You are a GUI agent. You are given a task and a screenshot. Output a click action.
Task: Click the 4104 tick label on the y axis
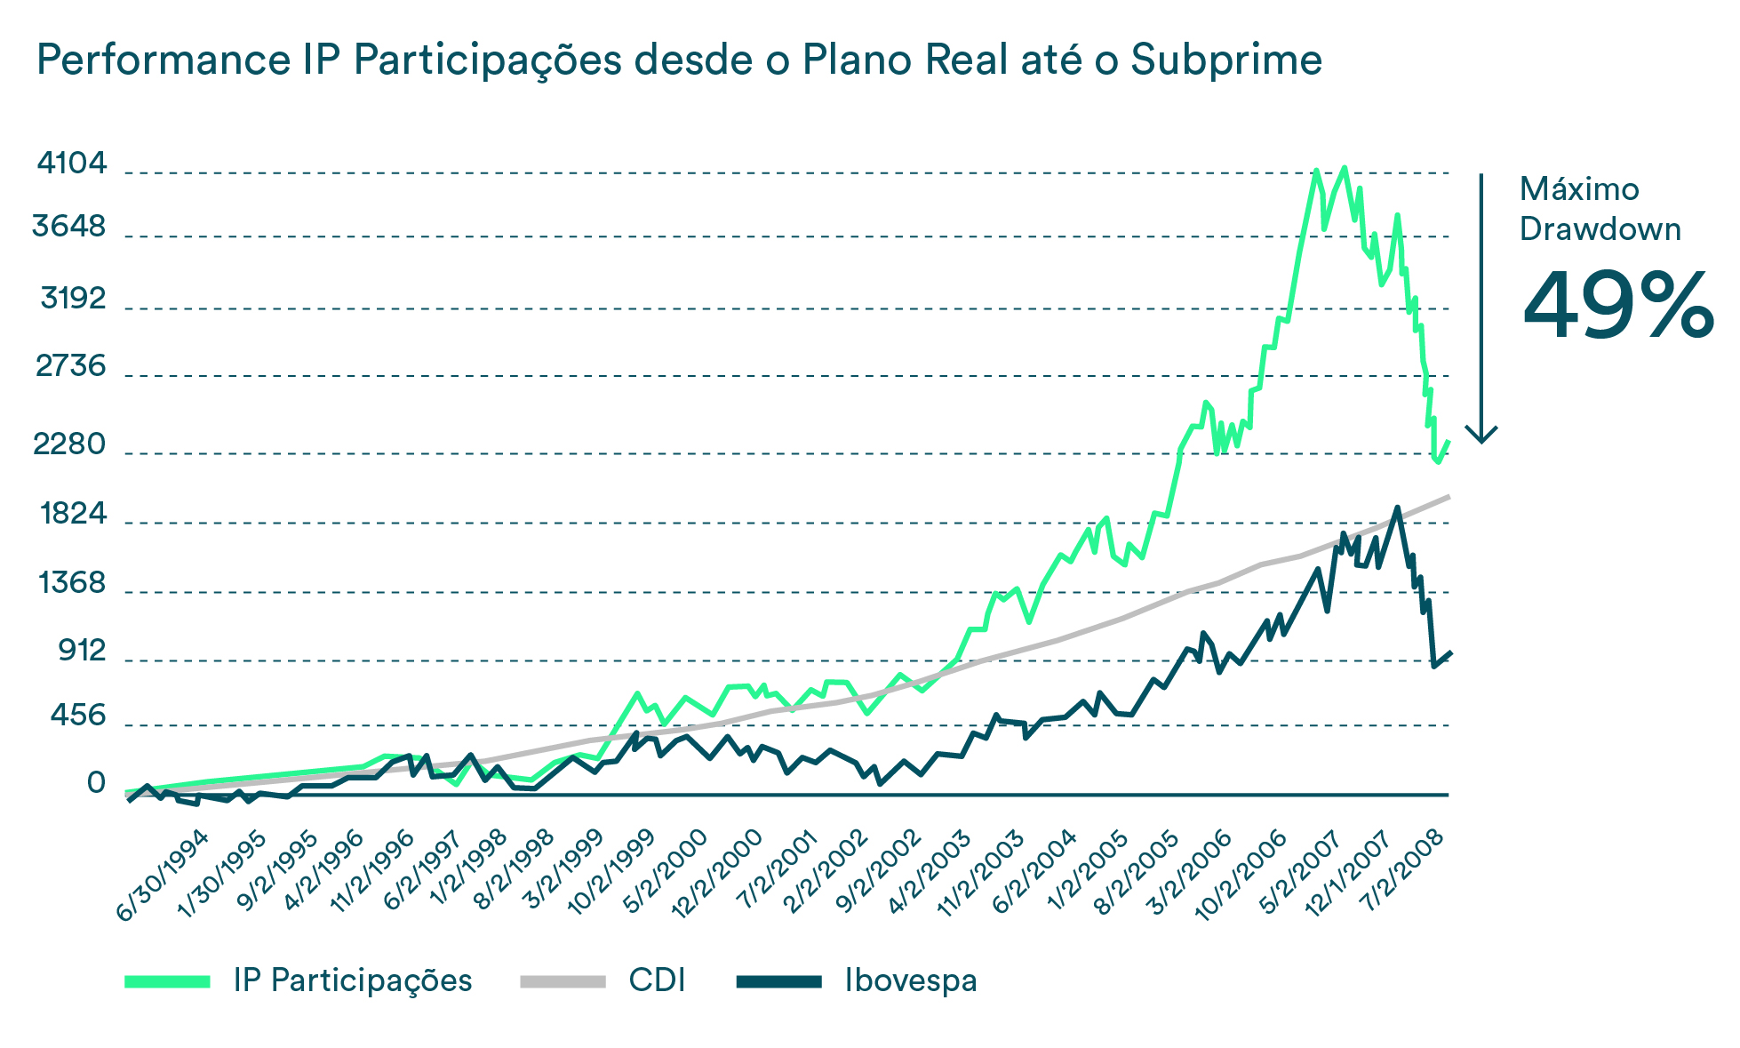pyautogui.click(x=72, y=164)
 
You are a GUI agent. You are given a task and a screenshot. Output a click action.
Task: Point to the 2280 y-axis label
pyautogui.click(x=69, y=444)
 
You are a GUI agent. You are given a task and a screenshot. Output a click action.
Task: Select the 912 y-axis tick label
pyautogui.click(x=83, y=652)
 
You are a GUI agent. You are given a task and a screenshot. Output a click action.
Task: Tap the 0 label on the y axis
pyautogui.click(x=96, y=783)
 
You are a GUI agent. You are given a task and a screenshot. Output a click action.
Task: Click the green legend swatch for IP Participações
pyautogui.click(x=168, y=981)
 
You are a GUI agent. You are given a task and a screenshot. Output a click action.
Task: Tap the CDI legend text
pyautogui.click(x=657, y=980)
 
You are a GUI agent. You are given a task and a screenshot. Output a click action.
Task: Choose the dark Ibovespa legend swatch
pyautogui.click(x=779, y=981)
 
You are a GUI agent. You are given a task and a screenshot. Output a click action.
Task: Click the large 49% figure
pyautogui.click(x=1617, y=307)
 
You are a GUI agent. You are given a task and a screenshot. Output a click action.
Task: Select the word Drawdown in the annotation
pyautogui.click(x=1600, y=229)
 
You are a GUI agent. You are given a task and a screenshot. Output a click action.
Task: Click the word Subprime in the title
pyautogui.click(x=1225, y=60)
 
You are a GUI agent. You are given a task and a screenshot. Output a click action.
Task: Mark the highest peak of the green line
pyautogui.click(x=1344, y=167)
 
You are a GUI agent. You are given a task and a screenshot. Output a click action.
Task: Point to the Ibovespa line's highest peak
pyautogui.click(x=1397, y=508)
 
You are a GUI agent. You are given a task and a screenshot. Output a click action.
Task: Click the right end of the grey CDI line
pyautogui.click(x=1449, y=496)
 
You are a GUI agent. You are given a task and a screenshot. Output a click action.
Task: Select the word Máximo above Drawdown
pyautogui.click(x=1579, y=189)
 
